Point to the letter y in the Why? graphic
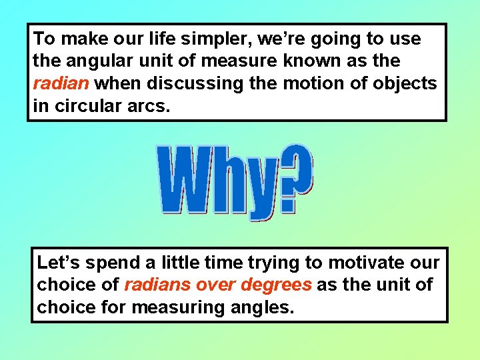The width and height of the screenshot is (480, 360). click(x=262, y=187)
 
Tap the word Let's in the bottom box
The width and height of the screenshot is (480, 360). click(x=59, y=262)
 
